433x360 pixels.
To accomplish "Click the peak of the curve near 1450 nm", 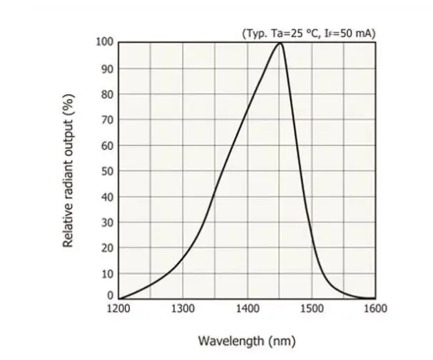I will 280,43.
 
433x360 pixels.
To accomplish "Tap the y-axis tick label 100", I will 105,42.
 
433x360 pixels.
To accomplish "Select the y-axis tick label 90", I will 107,68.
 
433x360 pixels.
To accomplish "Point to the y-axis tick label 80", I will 107,94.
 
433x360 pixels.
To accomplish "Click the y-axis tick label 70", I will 107,120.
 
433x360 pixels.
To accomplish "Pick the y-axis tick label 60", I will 107,145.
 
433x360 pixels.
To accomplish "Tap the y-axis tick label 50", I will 107,171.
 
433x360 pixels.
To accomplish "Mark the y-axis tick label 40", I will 107,197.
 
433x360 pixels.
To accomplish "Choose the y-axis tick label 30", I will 107,222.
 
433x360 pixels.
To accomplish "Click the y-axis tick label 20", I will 107,248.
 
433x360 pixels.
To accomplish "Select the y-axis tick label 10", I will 107,274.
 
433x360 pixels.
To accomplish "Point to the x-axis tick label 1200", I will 118,309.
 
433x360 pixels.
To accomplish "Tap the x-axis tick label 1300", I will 183,309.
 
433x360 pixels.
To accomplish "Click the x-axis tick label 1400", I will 247,309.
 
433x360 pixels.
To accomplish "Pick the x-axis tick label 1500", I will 311,309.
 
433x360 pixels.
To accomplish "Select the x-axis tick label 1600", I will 375,309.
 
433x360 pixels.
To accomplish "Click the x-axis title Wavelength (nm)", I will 246,341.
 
